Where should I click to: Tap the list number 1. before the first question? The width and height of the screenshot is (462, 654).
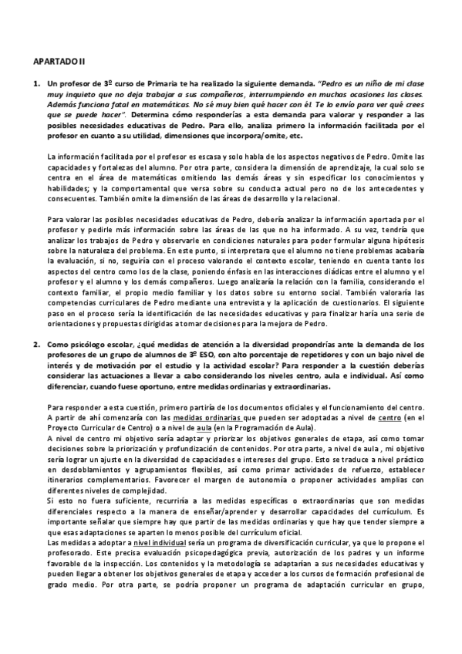click(x=36, y=83)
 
